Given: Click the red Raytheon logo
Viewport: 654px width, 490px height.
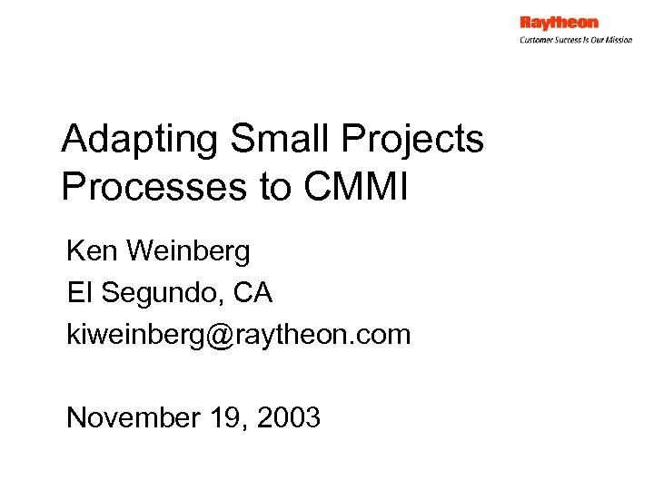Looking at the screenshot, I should (x=559, y=23).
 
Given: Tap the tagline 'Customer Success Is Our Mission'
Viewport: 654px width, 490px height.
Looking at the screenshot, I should (x=576, y=40).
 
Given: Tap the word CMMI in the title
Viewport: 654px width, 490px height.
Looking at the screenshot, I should (x=357, y=187).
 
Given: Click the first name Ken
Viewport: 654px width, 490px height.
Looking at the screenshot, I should (x=90, y=251).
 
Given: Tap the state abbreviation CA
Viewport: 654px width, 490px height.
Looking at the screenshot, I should (x=253, y=293).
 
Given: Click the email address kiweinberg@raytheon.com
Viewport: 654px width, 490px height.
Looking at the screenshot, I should (x=239, y=335).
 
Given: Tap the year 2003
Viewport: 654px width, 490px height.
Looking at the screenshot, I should (x=289, y=417).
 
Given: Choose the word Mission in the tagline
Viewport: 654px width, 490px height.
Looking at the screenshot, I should (x=618, y=40).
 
